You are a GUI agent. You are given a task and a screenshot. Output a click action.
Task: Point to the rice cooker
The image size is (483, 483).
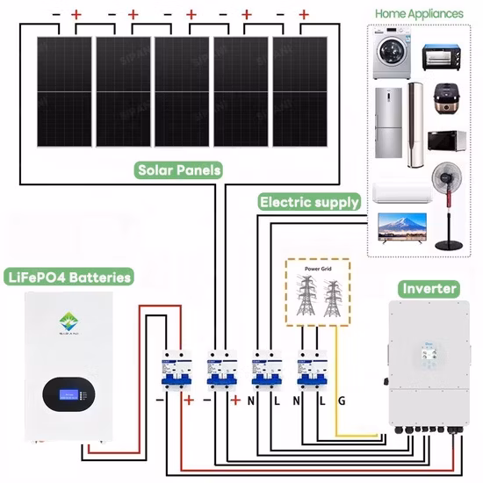[442, 105]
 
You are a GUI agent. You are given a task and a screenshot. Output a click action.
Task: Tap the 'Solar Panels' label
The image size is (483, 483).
[178, 169]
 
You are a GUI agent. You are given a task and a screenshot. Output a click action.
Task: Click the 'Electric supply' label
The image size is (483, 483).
[309, 202]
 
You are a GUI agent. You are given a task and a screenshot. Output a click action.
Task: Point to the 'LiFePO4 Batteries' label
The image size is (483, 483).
[68, 277]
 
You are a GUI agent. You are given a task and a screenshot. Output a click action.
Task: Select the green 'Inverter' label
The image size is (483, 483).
[429, 288]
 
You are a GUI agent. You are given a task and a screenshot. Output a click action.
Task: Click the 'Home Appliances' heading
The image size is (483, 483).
[421, 14]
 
